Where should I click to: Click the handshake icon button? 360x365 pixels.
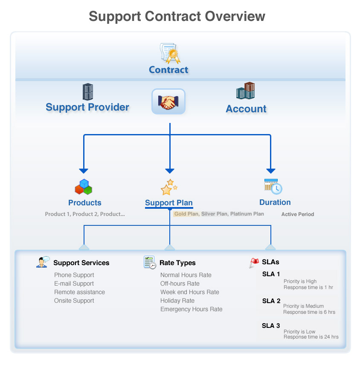[168, 102]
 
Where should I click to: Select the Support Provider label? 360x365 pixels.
[87, 107]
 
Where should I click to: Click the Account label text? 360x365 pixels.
[246, 109]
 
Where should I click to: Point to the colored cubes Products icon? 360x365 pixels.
[84, 187]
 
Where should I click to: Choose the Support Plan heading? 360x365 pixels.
[169, 203]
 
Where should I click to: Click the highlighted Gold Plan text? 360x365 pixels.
[186, 214]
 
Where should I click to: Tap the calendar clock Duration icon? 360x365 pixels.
[273, 187]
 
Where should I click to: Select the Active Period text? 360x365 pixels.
[298, 214]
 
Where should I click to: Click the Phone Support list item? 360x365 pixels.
[74, 275]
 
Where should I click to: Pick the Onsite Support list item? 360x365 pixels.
[74, 301]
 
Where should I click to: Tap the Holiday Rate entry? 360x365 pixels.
[177, 301]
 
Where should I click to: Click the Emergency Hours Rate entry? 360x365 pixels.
[192, 310]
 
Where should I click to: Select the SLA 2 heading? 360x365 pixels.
[271, 301]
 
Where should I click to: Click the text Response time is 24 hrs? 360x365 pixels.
[311, 337]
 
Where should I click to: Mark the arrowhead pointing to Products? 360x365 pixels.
[84, 170]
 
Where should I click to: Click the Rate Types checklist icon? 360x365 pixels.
[150, 263]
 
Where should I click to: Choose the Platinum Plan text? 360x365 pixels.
[247, 214]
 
